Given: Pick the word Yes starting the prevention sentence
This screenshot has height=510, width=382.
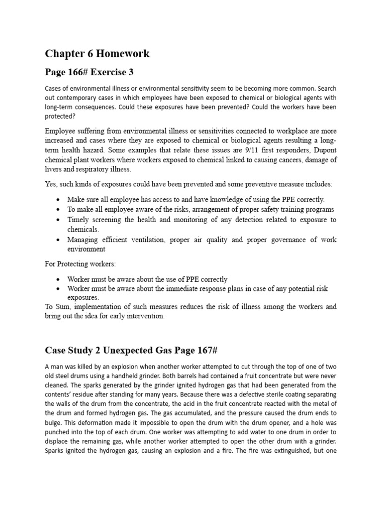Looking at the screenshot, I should coord(51,184).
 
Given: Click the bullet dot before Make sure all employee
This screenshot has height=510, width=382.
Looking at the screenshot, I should coord(59,200).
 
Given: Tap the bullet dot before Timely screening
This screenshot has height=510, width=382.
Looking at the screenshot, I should coord(59,220).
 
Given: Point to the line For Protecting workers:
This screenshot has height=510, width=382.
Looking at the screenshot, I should coord(80,263).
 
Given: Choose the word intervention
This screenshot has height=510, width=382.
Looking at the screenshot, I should coord(144,316).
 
